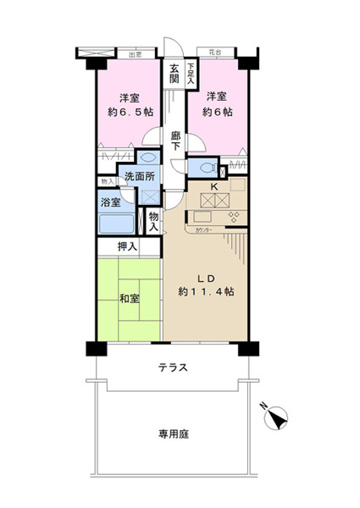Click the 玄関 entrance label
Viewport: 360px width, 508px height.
point(173,75)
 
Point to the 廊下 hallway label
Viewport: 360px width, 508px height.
point(175,141)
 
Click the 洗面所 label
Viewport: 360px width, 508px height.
point(139,177)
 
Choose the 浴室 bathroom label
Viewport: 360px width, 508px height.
point(110,203)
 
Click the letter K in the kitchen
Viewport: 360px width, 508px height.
point(214,186)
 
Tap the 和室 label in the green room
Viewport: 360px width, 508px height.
point(130,298)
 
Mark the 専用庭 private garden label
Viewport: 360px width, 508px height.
point(172,433)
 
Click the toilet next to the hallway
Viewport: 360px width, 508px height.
point(148,157)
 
